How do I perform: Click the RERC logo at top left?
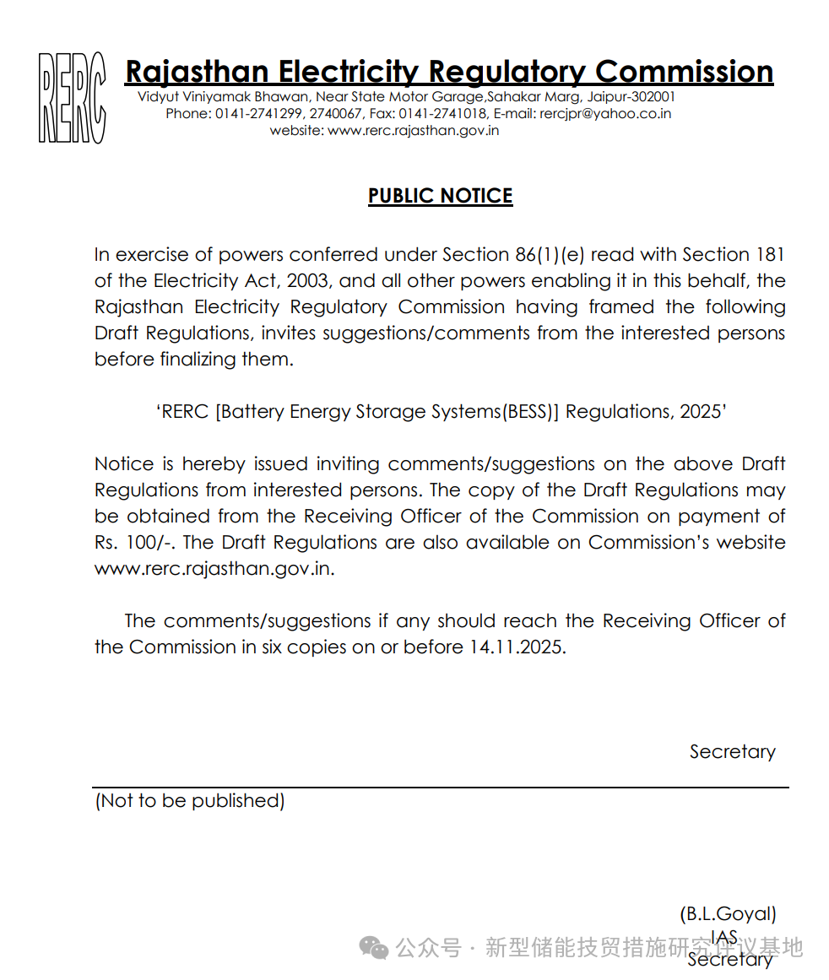(73, 98)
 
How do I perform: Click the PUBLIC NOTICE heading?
(440, 196)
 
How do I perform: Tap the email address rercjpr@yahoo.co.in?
(605, 113)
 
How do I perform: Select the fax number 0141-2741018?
(442, 113)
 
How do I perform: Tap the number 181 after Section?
(770, 255)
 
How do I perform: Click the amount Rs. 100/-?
(134, 542)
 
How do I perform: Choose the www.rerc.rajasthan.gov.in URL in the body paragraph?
(214, 568)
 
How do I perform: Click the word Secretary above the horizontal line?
(732, 751)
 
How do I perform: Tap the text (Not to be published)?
(189, 800)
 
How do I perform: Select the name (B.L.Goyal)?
(728, 913)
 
